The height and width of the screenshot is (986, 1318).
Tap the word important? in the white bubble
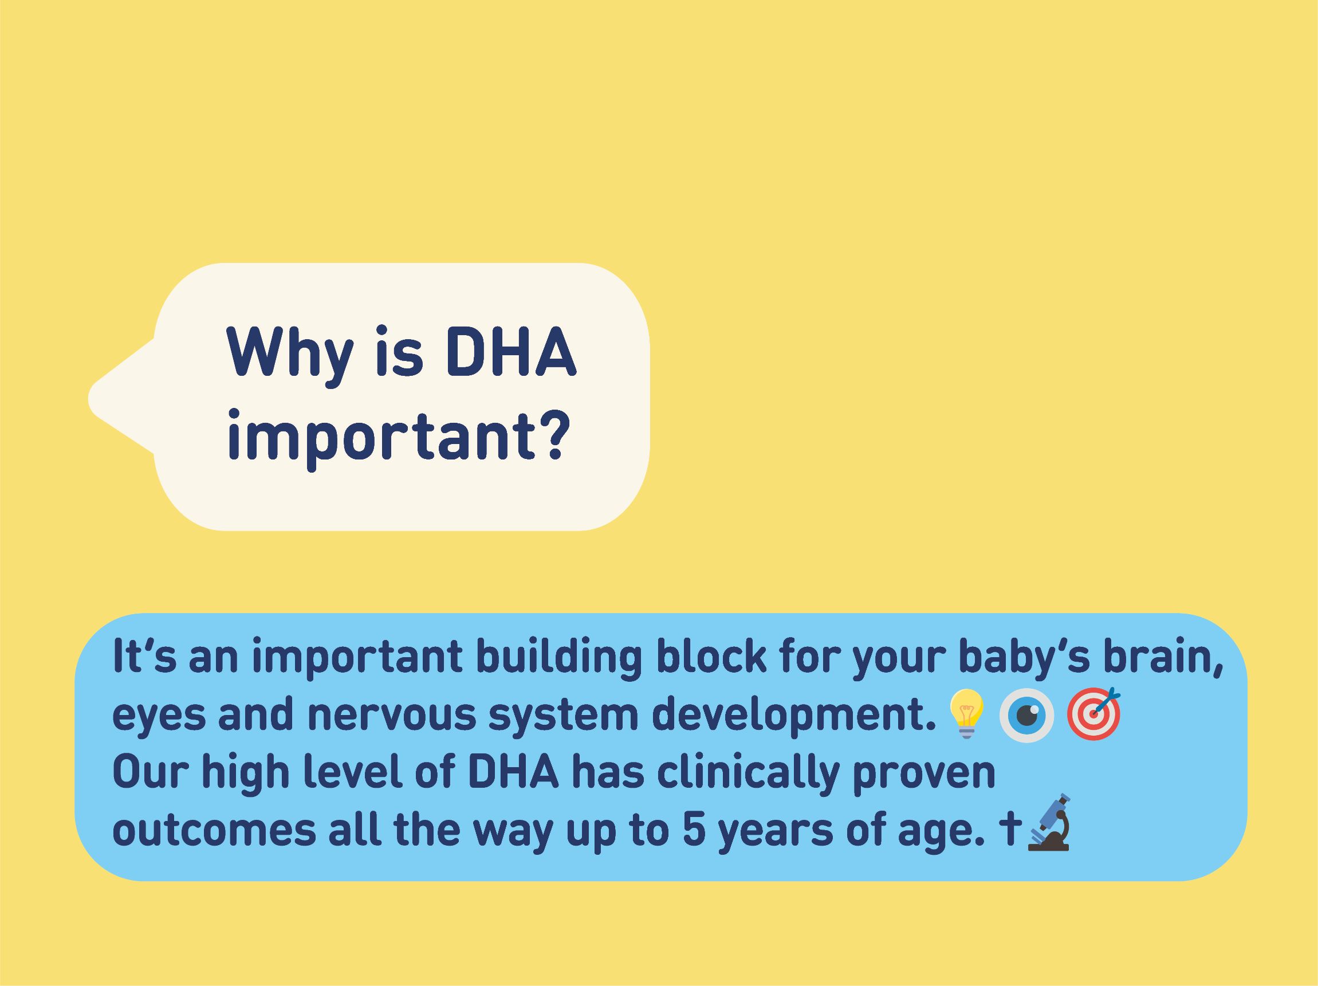pyautogui.click(x=396, y=439)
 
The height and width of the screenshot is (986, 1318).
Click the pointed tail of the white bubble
pyautogui.click(x=91, y=398)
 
